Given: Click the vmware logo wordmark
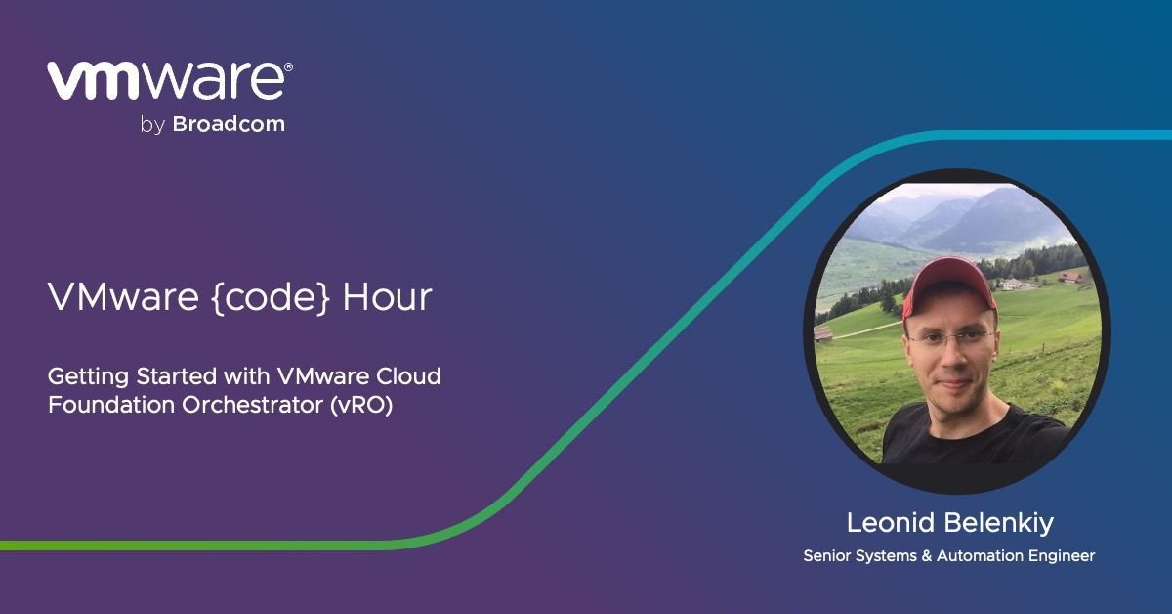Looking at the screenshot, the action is [166, 81].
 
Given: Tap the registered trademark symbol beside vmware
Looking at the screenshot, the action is [288, 66].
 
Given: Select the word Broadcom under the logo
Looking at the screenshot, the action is [229, 124].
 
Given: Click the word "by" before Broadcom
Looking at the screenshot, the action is [152, 126].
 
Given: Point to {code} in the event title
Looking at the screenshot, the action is [272, 297].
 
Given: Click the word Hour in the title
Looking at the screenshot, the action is [387, 297].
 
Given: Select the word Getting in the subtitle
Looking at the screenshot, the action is [88, 377].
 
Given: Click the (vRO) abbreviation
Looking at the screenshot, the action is [361, 406].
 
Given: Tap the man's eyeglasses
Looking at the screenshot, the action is [949, 337].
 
